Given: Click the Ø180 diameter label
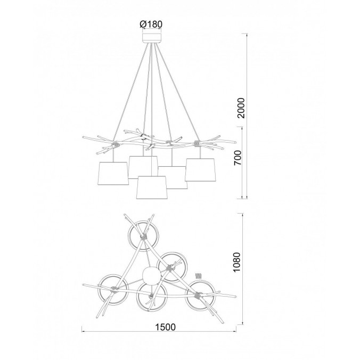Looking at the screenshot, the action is click(x=151, y=24).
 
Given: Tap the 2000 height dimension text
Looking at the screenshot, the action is click(x=241, y=108).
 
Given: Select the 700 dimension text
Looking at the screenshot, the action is click(x=238, y=158).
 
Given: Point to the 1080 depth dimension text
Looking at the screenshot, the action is click(x=236, y=262).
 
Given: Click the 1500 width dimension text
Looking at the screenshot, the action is click(x=165, y=327).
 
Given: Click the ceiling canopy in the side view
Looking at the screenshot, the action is click(x=152, y=38).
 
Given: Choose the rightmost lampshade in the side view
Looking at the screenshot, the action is click(x=200, y=169).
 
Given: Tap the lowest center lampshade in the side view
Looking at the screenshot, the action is click(x=152, y=187).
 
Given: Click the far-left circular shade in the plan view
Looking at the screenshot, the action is click(x=113, y=289).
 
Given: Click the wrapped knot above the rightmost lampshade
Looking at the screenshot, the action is click(x=197, y=144).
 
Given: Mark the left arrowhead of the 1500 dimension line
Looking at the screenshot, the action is click(x=84, y=332).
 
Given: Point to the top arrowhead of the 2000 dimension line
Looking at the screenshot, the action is click(x=247, y=35).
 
